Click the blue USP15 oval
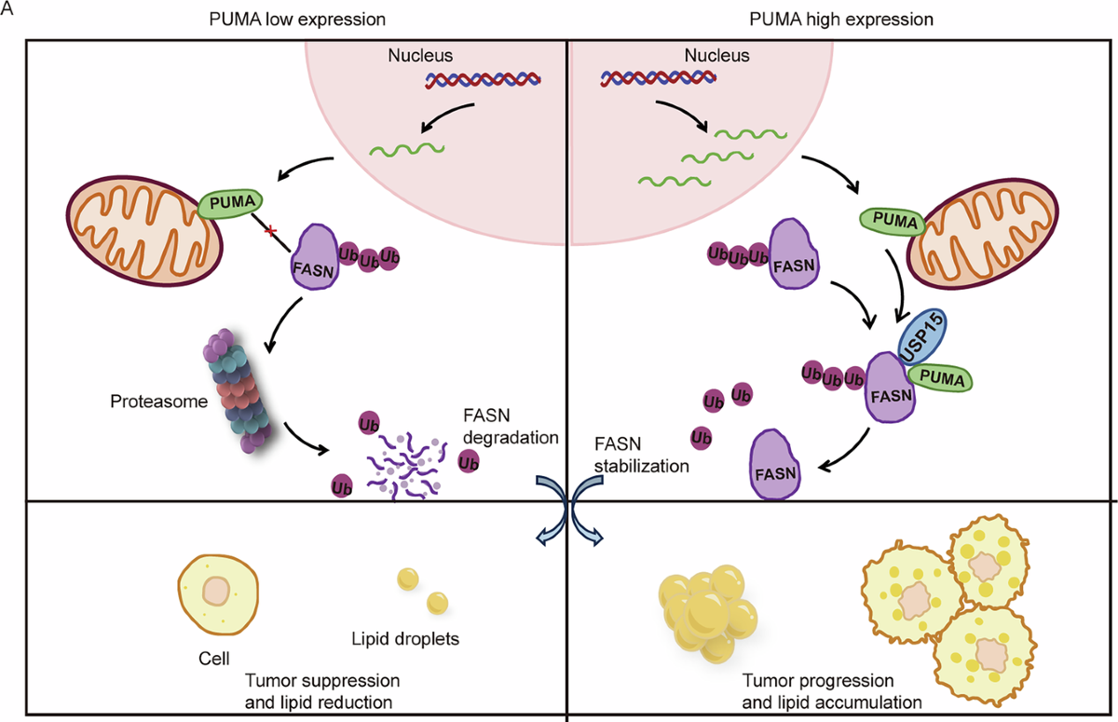click(922, 337)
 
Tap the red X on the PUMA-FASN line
click(270, 231)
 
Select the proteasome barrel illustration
click(238, 390)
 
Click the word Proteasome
click(158, 402)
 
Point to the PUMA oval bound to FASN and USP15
click(940, 378)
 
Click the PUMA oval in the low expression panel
click(231, 203)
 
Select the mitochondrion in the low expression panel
click(144, 231)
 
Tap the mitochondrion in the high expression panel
click(983, 233)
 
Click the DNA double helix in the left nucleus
click(484, 80)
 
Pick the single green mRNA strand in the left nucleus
click(407, 149)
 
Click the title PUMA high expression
click(841, 20)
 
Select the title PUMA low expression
click(297, 20)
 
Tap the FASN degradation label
click(511, 426)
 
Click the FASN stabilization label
click(641, 455)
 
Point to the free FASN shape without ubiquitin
click(775, 465)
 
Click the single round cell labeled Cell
click(218, 594)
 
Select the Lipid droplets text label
click(404, 639)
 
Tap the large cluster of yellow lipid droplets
click(708, 614)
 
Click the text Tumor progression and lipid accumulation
click(831, 691)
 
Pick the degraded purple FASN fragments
click(404, 467)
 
